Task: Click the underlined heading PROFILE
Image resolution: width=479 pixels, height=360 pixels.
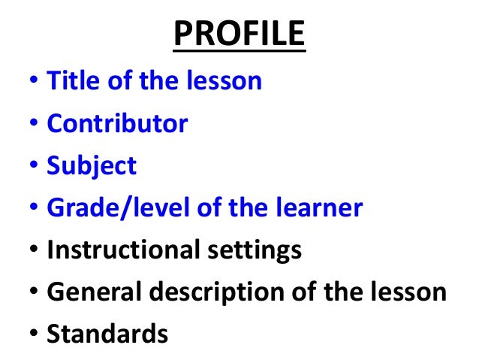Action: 239,35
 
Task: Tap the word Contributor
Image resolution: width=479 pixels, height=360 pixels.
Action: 117,123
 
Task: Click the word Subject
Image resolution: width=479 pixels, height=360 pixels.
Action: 92,166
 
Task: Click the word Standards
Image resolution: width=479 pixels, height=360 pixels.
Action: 107,334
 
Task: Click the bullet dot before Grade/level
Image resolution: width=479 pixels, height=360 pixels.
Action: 34,209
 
